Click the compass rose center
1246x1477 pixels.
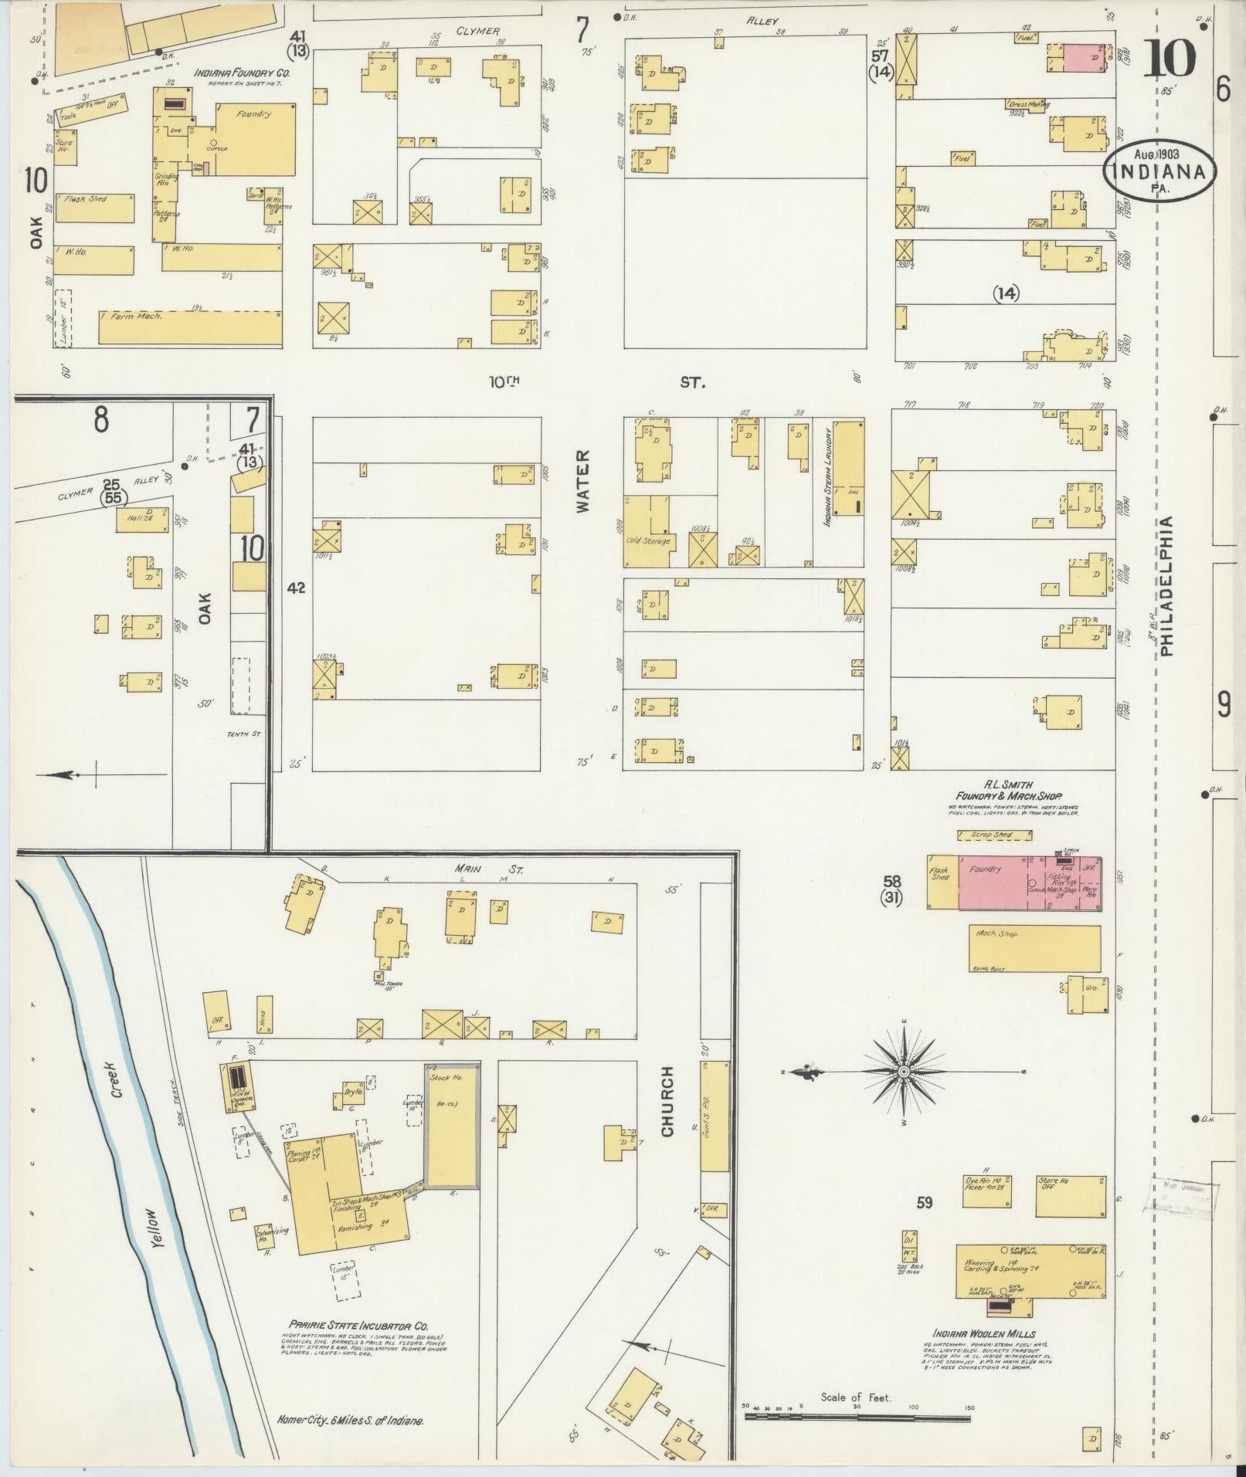[903, 1072]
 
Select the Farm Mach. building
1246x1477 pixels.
[189, 327]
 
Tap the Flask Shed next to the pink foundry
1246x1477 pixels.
[942, 882]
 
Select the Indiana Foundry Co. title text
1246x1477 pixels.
[242, 73]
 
